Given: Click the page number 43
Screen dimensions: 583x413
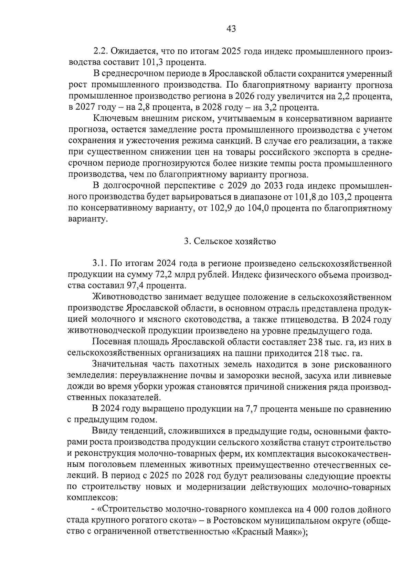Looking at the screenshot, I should click(231, 29).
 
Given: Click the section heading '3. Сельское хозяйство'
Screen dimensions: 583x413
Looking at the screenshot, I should click(230, 242).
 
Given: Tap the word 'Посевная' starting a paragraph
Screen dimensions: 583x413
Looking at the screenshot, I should click(111, 342).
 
